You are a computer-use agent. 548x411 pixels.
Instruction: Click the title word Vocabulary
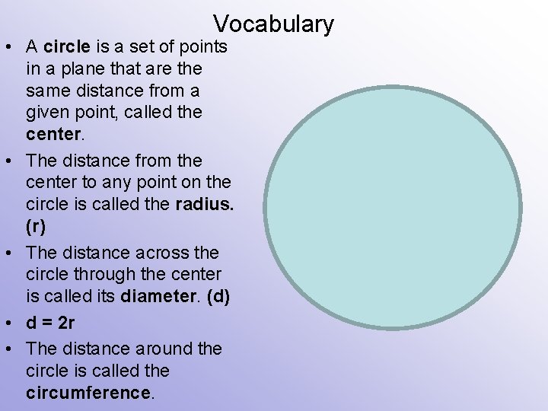pyautogui.click(x=273, y=24)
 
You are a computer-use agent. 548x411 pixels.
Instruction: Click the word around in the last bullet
pyautogui.click(x=161, y=348)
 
